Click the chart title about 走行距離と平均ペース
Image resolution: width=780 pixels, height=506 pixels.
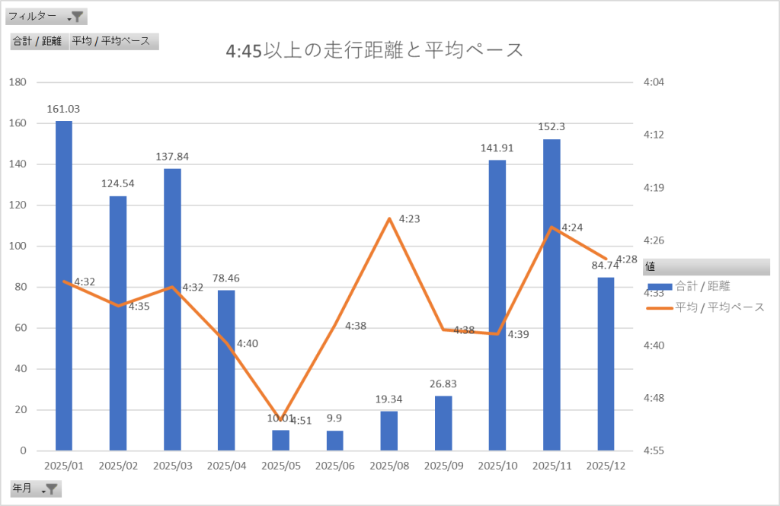pos(375,51)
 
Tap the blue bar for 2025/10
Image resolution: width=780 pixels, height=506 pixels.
pos(497,304)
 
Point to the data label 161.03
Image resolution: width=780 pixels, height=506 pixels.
pos(63,109)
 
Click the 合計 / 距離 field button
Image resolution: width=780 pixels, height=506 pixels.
pos(37,41)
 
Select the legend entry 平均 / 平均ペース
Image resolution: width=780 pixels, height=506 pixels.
pos(708,307)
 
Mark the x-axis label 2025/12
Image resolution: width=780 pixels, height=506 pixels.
pos(606,465)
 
